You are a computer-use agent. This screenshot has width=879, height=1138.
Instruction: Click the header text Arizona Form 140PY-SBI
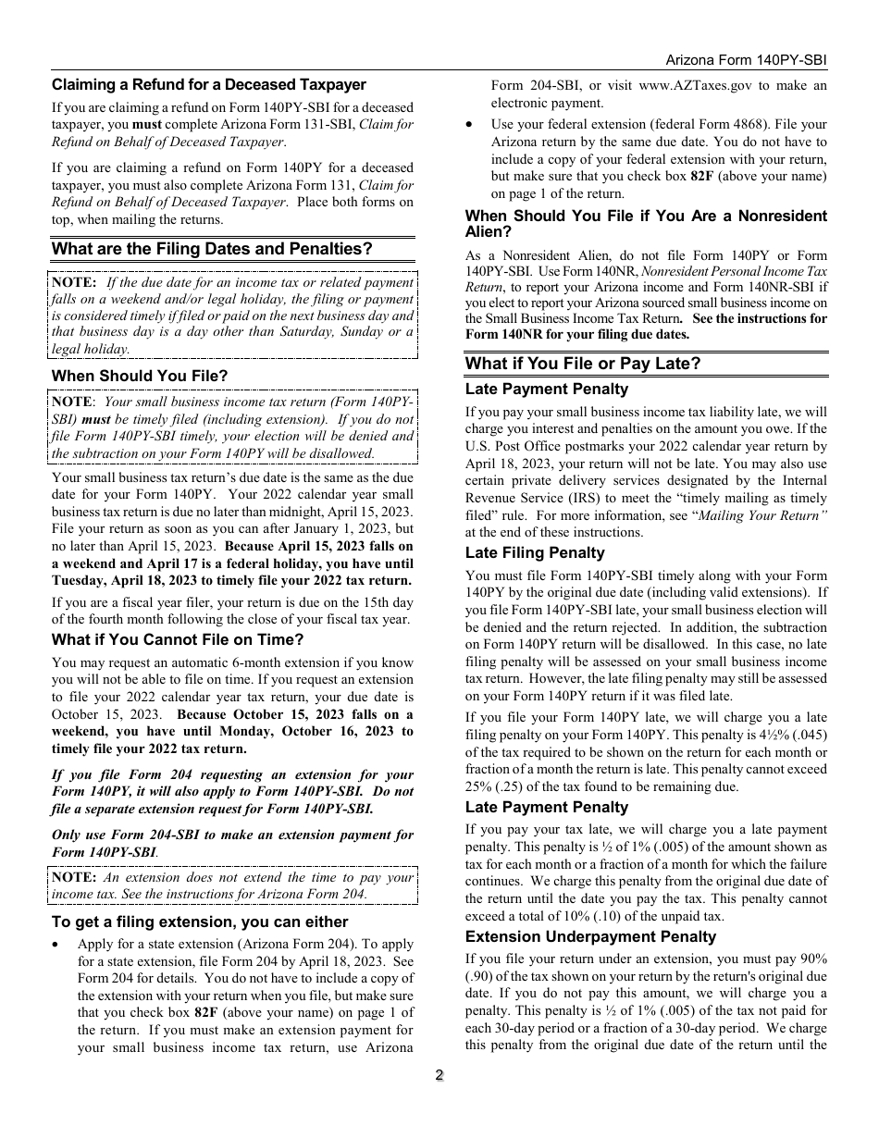(x=746, y=59)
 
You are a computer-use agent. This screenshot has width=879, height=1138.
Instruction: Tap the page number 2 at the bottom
(x=439, y=1075)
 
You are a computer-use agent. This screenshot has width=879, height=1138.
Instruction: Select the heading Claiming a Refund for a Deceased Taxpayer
(x=209, y=84)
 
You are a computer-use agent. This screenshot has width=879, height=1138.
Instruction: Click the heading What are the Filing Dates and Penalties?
(x=212, y=249)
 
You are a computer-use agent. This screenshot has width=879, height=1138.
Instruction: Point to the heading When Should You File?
(x=140, y=376)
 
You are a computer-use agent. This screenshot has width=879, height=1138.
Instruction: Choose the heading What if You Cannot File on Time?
(x=178, y=639)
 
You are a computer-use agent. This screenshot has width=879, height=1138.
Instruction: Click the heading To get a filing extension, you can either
(x=200, y=922)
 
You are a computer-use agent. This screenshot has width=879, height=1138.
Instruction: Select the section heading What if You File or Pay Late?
(x=583, y=364)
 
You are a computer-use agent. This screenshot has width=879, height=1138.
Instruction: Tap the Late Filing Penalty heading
(x=535, y=552)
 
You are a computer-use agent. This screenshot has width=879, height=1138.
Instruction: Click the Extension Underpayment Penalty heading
(x=590, y=936)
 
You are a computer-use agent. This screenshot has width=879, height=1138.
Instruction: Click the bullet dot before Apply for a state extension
(x=57, y=945)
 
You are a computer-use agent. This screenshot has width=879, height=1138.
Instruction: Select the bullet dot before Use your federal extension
(x=471, y=125)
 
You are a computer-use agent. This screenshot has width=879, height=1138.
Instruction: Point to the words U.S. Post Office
(x=504, y=446)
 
